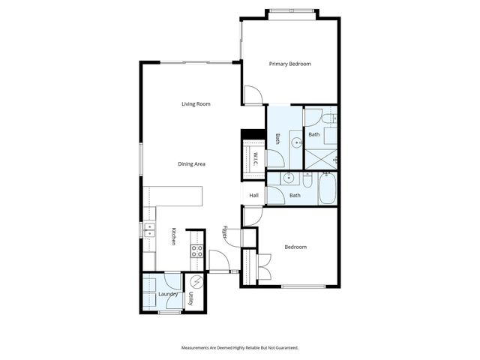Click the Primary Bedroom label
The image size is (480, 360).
tap(289, 64)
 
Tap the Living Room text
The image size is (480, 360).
tap(196, 104)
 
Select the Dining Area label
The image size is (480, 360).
tap(192, 163)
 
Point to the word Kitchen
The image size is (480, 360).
tap(173, 237)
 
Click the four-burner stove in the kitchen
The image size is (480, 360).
tap(197, 251)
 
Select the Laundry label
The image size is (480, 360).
tap(168, 294)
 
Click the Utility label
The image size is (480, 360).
tap(191, 299)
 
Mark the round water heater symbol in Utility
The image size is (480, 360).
tap(196, 283)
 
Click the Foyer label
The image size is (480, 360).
tap(225, 233)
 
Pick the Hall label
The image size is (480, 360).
tap(254, 196)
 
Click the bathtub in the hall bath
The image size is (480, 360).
tap(328, 190)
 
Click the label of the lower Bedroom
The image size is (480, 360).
tap(295, 247)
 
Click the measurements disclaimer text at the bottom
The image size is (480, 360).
tap(240, 347)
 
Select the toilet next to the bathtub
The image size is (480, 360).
tap(307, 181)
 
